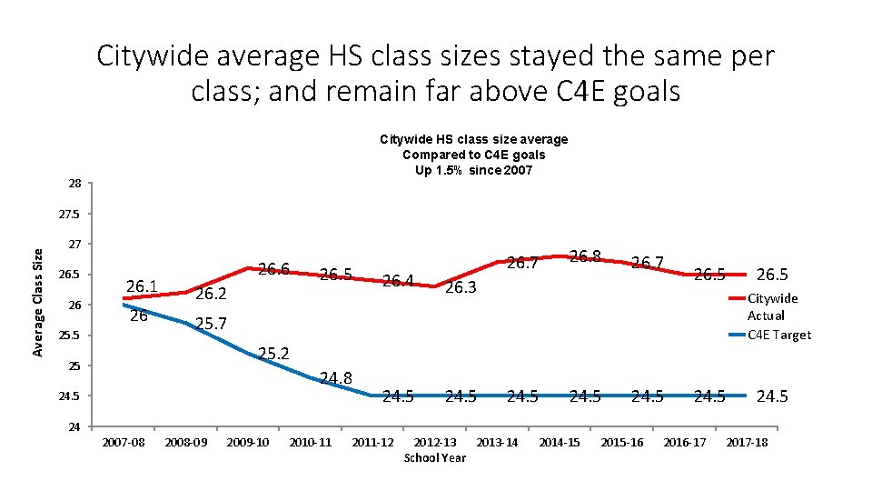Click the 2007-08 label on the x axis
pyautogui.click(x=123, y=442)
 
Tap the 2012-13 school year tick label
pyautogui.click(x=435, y=442)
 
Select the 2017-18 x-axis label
pyautogui.click(x=746, y=442)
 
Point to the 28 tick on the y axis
pyautogui.click(x=74, y=184)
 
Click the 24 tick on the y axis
pyautogui.click(x=74, y=426)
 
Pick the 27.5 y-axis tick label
pyautogui.click(x=70, y=215)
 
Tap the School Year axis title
pyautogui.click(x=434, y=457)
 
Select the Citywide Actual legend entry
pyautogui.click(x=772, y=306)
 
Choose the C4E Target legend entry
pyautogui.click(x=778, y=335)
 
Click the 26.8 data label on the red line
pyautogui.click(x=585, y=256)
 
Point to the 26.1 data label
pyautogui.click(x=143, y=287)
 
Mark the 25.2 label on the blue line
pyautogui.click(x=274, y=353)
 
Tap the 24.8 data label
pyautogui.click(x=336, y=376)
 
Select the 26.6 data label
pyautogui.click(x=273, y=269)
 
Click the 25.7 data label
pyautogui.click(x=211, y=324)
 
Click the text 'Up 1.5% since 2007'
pyautogui.click(x=472, y=171)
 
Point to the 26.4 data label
pyautogui.click(x=398, y=280)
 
